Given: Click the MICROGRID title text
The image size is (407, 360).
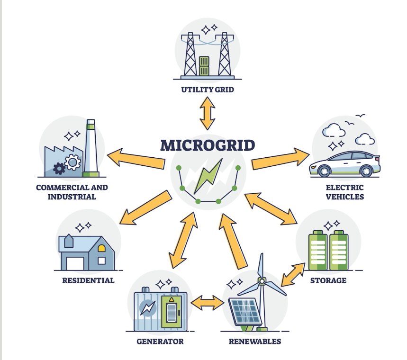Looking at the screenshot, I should tap(208, 145).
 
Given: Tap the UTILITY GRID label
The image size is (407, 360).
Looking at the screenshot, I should tap(208, 89).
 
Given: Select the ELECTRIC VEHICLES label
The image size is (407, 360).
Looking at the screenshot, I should tap(344, 192).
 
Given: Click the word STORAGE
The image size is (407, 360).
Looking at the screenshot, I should tap(328, 280).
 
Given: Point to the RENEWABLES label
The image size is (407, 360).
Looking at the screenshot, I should tap(255, 341).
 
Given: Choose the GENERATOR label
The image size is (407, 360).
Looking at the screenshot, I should tap(160, 341).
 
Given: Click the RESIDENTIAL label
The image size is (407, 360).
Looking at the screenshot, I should tap(88, 280).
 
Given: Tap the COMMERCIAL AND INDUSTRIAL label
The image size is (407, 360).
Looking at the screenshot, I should tap(72, 192).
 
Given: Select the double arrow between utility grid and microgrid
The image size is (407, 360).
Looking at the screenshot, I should tap(208, 113).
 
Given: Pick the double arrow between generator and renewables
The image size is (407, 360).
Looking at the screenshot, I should tap(206, 303).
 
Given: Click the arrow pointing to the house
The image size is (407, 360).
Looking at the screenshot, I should tap(145, 208).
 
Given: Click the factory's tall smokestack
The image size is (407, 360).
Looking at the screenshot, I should tap(91, 147).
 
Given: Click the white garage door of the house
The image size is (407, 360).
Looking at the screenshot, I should tap(75, 263).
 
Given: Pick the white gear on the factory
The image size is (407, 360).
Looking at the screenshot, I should tap(72, 163).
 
